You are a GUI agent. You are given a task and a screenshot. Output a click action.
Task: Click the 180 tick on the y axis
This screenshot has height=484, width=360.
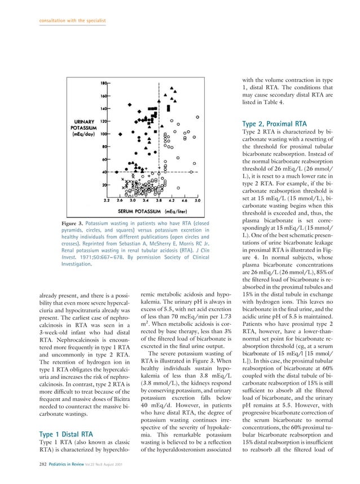pyautogui.click(x=104, y=83)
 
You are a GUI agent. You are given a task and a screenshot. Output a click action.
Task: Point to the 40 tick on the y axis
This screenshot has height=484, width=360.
pyautogui.click(x=105, y=172)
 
